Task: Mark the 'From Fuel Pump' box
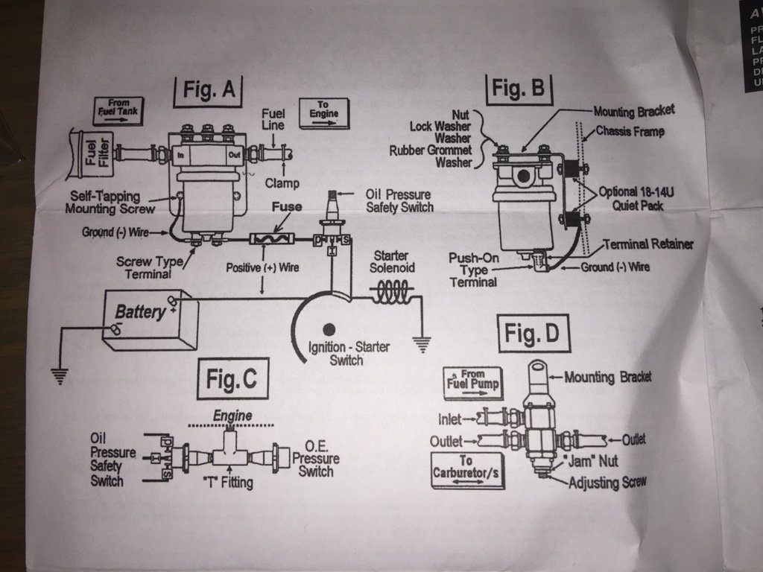click(x=472, y=380)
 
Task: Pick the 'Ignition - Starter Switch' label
click(x=349, y=353)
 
